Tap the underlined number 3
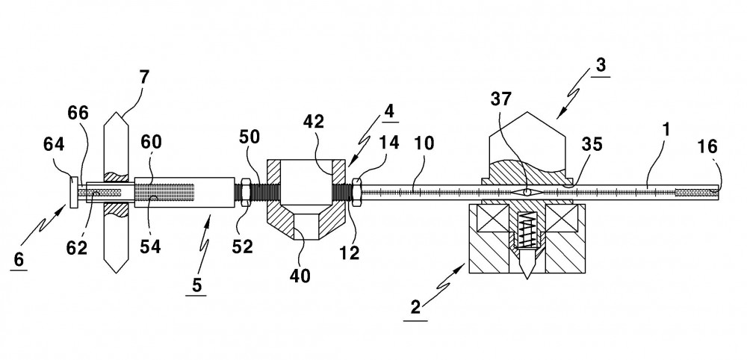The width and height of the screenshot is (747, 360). [x=601, y=64]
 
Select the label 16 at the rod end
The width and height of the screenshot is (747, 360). [x=707, y=146]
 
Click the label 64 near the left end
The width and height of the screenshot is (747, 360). [x=54, y=144]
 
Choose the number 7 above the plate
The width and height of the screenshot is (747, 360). [x=144, y=77]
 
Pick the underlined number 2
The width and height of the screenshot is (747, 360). [x=415, y=307]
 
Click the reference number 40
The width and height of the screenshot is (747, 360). [x=300, y=276]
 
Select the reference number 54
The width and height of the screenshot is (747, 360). [x=150, y=247]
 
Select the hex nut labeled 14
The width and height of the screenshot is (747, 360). [x=356, y=192]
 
